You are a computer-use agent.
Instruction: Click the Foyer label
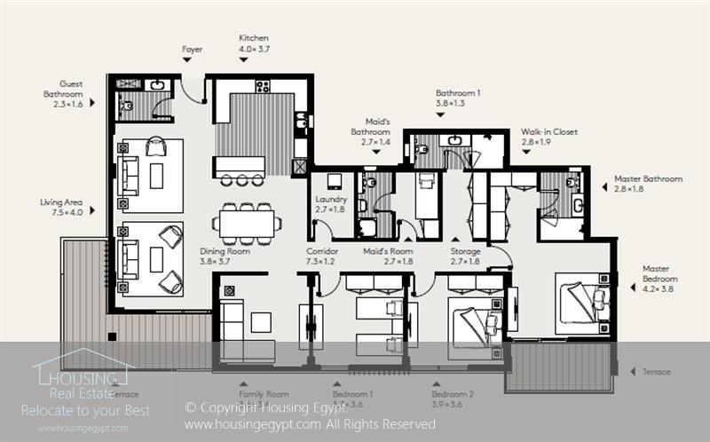click(192, 50)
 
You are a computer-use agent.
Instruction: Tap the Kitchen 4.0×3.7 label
click(254, 44)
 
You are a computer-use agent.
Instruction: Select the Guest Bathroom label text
click(65, 93)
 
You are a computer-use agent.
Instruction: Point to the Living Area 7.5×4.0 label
click(61, 208)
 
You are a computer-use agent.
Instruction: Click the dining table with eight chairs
click(247, 223)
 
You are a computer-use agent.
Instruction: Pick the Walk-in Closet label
click(548, 137)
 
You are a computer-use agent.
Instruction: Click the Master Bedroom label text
click(660, 279)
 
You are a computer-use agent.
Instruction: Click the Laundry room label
click(331, 204)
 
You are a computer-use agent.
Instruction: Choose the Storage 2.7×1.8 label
click(465, 257)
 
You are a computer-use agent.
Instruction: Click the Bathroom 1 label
click(458, 98)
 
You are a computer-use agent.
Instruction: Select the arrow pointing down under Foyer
click(186, 61)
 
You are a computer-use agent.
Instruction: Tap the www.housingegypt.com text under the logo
click(83, 428)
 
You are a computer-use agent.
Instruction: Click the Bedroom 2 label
click(453, 399)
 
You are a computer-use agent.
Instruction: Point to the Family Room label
click(264, 393)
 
